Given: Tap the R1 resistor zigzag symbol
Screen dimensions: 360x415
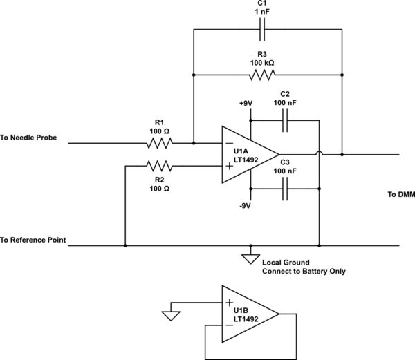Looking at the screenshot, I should coord(159,144).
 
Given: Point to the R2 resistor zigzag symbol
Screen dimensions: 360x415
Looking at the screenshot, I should coord(159,166).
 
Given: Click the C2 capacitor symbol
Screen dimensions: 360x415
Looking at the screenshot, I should coord(284,120).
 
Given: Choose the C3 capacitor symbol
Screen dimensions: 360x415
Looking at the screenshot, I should coord(284,188).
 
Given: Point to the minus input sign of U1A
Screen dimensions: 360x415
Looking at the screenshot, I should coord(229,144).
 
